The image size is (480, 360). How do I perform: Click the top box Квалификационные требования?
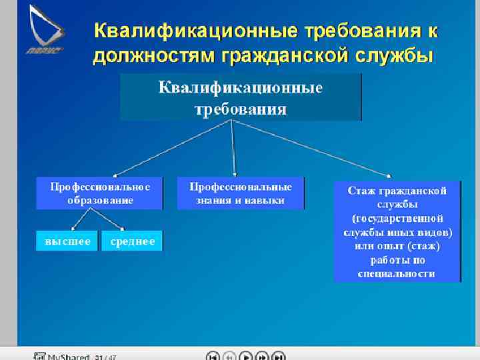coord(240,97)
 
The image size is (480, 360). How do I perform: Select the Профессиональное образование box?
coord(99,193)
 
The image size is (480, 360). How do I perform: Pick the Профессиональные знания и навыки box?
coord(240,193)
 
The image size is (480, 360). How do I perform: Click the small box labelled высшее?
coord(67,241)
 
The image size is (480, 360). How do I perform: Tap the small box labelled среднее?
coord(132,241)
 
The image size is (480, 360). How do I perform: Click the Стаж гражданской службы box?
coord(397,231)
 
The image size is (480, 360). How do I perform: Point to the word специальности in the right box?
coord(397,273)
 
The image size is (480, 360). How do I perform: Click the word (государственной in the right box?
coord(397,218)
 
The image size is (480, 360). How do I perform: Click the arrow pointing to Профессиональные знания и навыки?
coord(233,150)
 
